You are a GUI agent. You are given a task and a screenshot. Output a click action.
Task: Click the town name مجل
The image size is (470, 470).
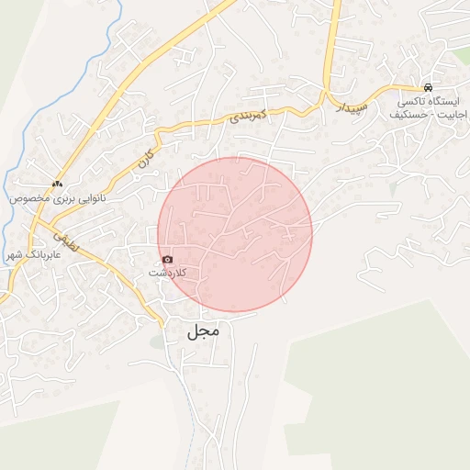(x=204, y=330)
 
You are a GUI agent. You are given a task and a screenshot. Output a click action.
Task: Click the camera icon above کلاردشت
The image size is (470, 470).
(x=166, y=260)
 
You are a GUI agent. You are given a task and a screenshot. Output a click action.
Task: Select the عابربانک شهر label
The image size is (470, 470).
(x=25, y=254)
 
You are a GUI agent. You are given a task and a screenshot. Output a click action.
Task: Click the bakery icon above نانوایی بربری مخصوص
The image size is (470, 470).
(x=58, y=184)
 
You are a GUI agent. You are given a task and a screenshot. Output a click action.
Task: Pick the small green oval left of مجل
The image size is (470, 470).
(x=157, y=342)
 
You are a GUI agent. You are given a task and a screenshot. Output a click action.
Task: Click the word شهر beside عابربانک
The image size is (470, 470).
(x=11, y=254)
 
